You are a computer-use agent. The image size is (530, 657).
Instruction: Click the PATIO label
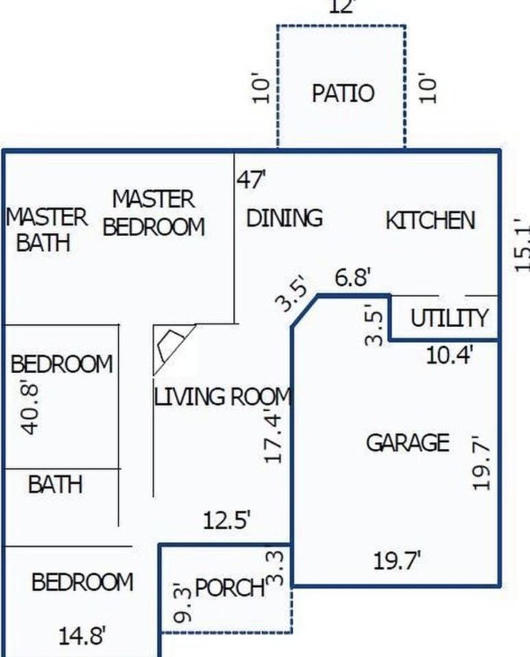(343, 93)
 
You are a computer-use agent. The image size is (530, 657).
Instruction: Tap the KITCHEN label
(430, 220)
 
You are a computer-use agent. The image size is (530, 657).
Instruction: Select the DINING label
(284, 218)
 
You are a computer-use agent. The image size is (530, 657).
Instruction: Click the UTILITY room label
(449, 318)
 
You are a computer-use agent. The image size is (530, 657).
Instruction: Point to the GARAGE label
(407, 443)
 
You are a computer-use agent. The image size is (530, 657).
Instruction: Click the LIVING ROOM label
(223, 397)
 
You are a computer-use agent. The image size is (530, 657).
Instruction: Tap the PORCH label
(229, 587)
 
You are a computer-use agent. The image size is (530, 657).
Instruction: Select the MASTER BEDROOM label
(154, 213)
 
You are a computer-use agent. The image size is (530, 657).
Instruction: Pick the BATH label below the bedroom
(55, 485)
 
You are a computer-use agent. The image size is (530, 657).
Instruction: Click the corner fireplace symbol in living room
(171, 345)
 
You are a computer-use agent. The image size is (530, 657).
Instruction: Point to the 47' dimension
(251, 180)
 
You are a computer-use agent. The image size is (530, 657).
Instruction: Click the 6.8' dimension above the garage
(353, 278)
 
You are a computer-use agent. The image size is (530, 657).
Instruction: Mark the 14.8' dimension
(81, 636)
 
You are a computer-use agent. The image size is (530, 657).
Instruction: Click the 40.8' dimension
(29, 408)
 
